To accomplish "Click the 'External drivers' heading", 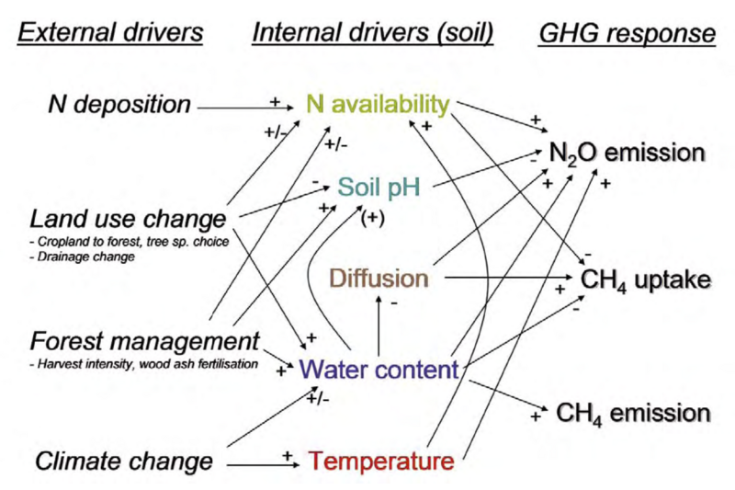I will tap(111, 34).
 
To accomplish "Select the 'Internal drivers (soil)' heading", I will tap(373, 34).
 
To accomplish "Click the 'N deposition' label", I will tap(119, 105).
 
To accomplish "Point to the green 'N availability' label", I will tap(379, 105).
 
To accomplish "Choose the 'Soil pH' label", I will tap(378, 188).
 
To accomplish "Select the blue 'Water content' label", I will tap(379, 370).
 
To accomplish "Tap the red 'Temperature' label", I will tap(381, 460).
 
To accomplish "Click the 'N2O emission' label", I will tap(628, 153).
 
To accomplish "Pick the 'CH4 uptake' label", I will tap(646, 279).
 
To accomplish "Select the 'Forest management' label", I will tap(145, 341).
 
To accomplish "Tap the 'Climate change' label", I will tap(124, 461).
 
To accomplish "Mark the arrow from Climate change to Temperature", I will tap(262, 464).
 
